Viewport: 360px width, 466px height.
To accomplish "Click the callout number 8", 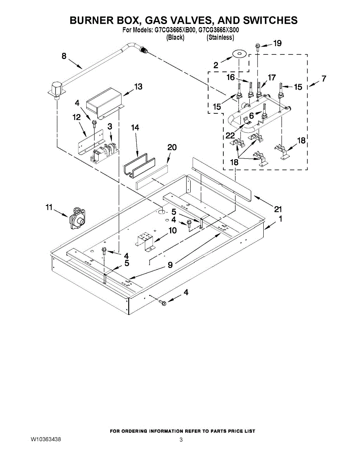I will (64, 56).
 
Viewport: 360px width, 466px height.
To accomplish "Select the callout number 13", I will (138, 87).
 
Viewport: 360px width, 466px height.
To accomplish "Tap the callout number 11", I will (49, 208).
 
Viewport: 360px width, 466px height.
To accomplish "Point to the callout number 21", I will (277, 209).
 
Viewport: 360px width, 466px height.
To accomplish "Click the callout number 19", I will (277, 43).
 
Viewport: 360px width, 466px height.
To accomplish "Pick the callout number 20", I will (172, 147).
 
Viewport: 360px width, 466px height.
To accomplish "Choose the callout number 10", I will (172, 230).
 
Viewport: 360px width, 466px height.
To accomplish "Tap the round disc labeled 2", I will (240, 54).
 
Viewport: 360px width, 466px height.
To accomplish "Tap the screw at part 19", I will (257, 47).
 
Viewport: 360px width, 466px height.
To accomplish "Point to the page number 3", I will (181, 440).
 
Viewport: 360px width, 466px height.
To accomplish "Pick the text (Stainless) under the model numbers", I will (220, 37).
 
